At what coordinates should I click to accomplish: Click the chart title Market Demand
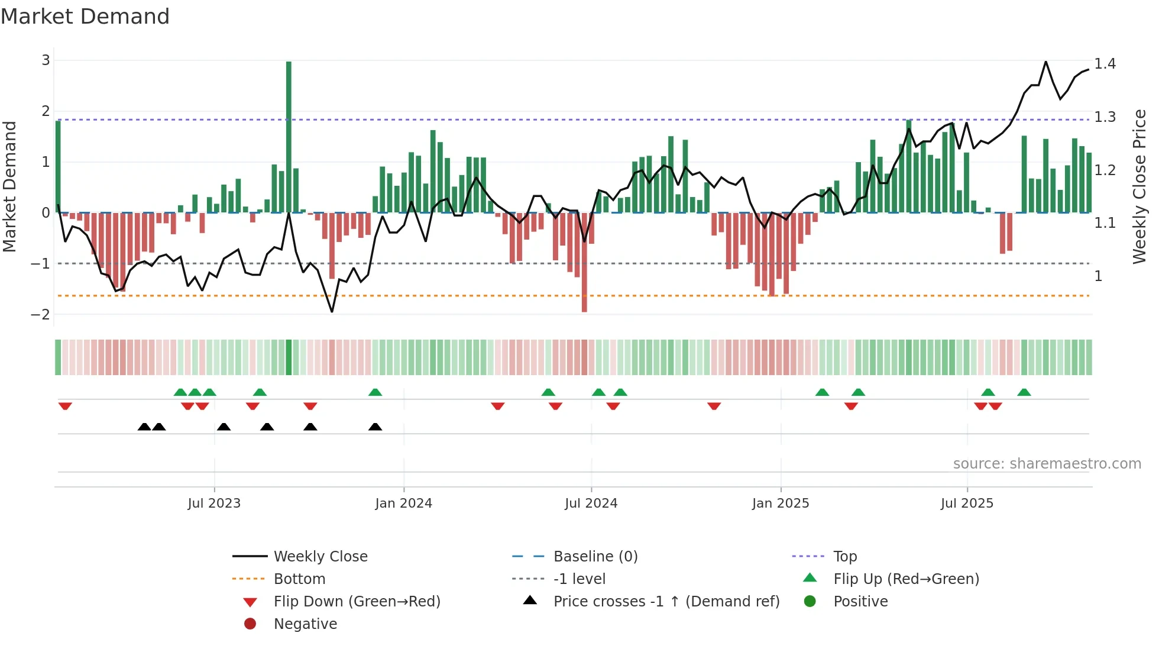click(x=85, y=17)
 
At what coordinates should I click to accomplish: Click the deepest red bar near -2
click(x=584, y=263)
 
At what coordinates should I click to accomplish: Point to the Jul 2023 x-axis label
click(x=214, y=503)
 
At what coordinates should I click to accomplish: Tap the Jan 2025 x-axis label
click(x=781, y=503)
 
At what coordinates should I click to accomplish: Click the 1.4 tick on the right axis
click(x=1105, y=64)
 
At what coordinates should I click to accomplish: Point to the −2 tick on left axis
click(x=41, y=314)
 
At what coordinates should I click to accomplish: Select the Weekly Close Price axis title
click(x=1139, y=186)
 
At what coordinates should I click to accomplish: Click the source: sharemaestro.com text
click(x=1047, y=464)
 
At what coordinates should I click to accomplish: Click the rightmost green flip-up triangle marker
click(x=1024, y=392)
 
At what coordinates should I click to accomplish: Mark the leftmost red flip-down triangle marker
click(x=65, y=406)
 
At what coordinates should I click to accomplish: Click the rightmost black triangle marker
click(x=375, y=427)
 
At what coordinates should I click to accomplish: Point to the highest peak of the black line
click(x=1045, y=62)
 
